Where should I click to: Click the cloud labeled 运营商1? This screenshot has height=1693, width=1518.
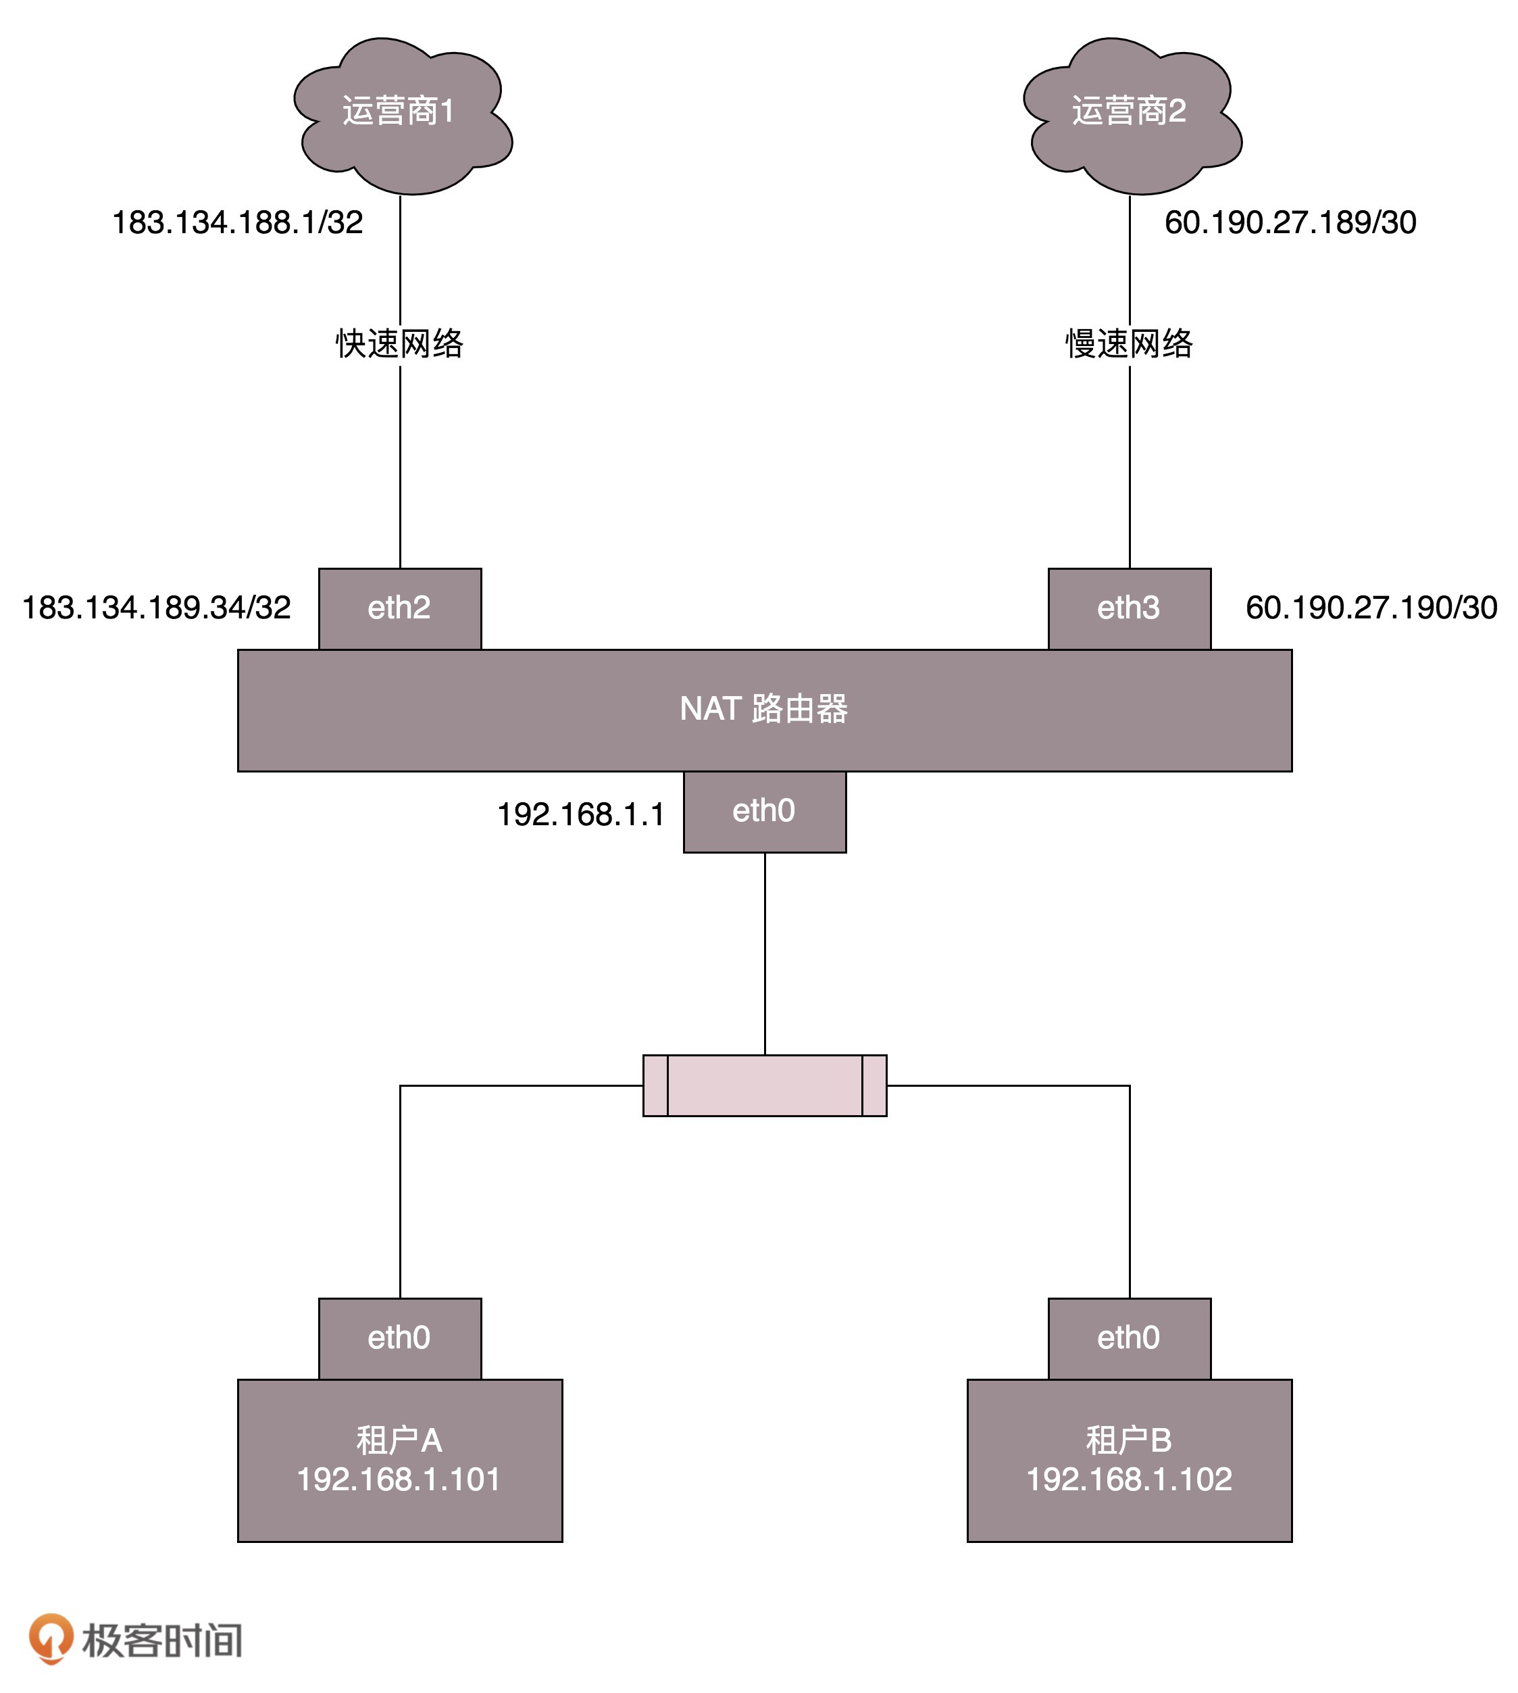[401, 113]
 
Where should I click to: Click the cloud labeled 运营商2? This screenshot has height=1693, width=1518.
[1130, 113]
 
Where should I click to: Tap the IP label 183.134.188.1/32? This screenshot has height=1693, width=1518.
[238, 223]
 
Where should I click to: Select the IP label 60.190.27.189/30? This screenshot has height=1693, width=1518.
[1290, 223]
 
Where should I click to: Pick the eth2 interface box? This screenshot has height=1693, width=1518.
[399, 608]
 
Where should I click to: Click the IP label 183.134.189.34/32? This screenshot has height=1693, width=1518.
[157, 608]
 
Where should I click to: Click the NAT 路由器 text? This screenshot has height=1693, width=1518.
[763, 709]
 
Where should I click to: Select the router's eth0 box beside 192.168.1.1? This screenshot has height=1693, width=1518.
[764, 811]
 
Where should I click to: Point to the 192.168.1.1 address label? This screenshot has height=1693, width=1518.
[582, 814]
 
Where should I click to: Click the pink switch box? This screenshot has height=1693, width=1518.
[764, 1085]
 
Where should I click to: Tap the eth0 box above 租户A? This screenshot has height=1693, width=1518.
[399, 1338]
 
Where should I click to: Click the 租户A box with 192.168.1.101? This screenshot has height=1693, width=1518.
[399, 1461]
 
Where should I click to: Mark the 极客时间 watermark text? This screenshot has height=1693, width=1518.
[163, 1640]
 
